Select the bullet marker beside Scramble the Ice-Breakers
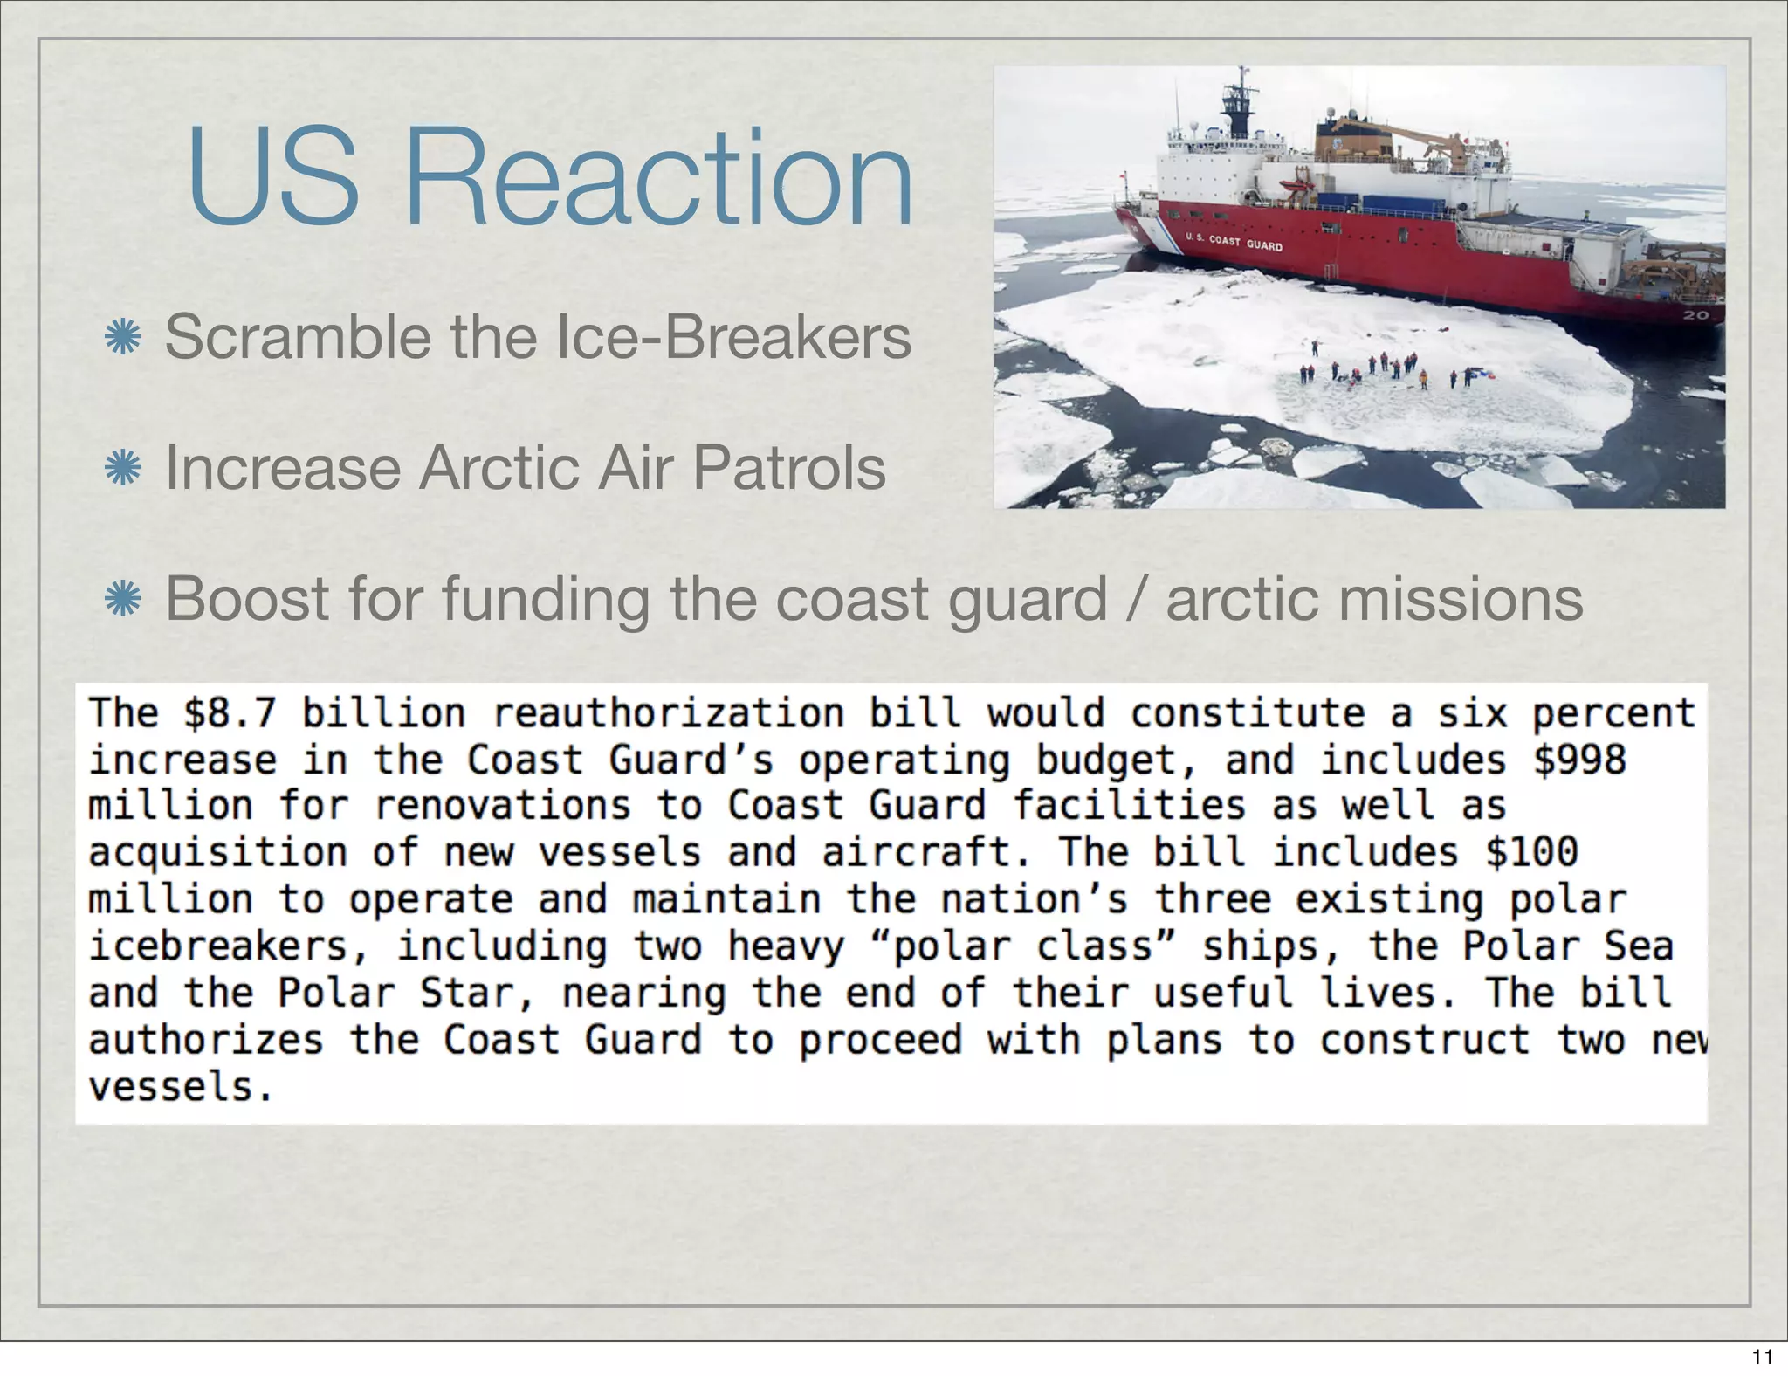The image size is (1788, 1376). [x=122, y=337]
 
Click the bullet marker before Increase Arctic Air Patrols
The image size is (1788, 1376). [x=122, y=468]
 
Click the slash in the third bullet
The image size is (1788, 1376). [x=1137, y=599]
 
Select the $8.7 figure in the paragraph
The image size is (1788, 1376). [x=230, y=712]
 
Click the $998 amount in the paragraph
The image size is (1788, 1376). [x=1579, y=760]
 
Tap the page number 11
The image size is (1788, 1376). [x=1763, y=1356]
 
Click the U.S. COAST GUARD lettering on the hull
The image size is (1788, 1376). [x=1233, y=242]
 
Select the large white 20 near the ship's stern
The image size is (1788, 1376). [x=1695, y=314]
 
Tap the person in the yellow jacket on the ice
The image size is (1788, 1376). [x=1423, y=377]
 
